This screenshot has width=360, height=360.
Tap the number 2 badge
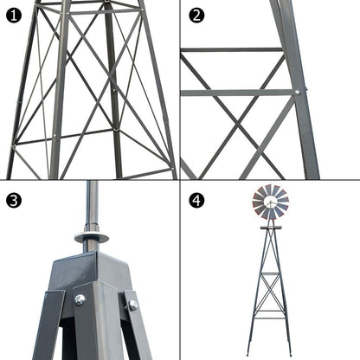click(x=196, y=15)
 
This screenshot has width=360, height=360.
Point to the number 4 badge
click(x=196, y=199)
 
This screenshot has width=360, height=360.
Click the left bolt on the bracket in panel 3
click(x=80, y=299)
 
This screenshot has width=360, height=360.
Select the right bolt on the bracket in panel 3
click(x=133, y=304)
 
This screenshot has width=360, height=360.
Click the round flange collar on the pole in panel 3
click(x=91, y=236)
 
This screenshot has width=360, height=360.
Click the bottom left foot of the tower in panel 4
click(x=247, y=351)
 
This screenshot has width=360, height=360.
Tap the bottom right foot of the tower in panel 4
click(x=290, y=351)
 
